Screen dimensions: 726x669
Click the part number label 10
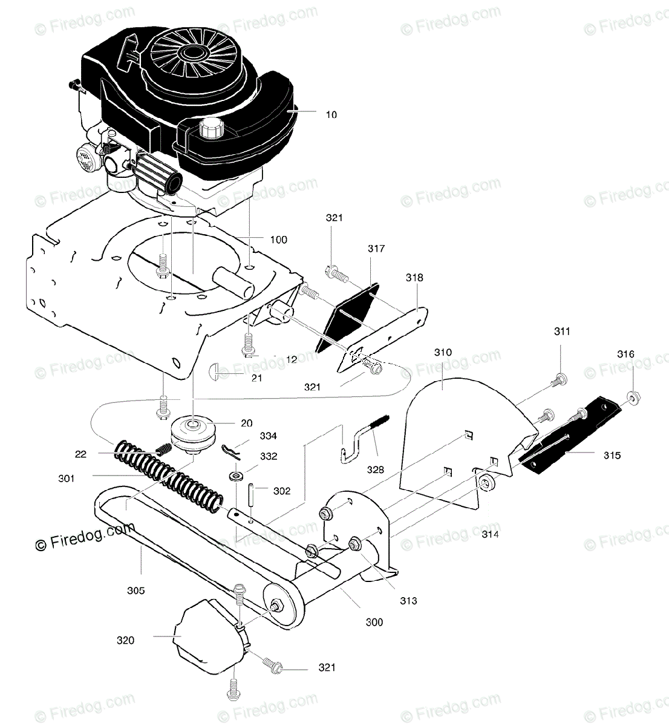coord(331,114)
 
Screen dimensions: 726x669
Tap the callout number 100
coord(278,240)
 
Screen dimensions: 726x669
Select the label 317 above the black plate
coord(376,249)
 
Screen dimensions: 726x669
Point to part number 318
coord(414,278)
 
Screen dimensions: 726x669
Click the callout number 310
coord(443,352)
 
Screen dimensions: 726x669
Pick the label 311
coord(561,332)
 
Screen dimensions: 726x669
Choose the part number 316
coord(625,354)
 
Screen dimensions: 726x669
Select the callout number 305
coord(135,590)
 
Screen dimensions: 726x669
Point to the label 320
coord(125,640)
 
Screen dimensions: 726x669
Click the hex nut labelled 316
coord(632,398)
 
